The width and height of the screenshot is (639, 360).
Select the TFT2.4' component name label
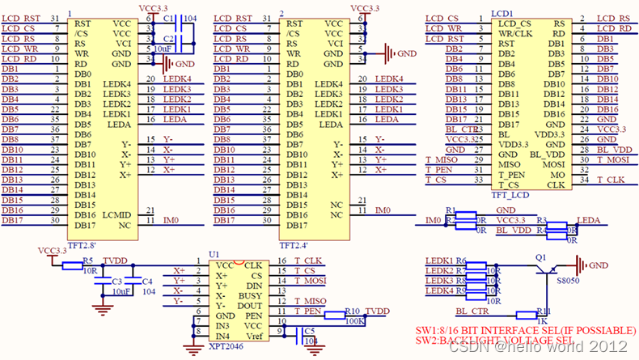[x=294, y=244]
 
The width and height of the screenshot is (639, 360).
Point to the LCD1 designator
[x=502, y=14]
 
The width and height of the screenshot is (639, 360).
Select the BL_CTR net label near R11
[x=472, y=310]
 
